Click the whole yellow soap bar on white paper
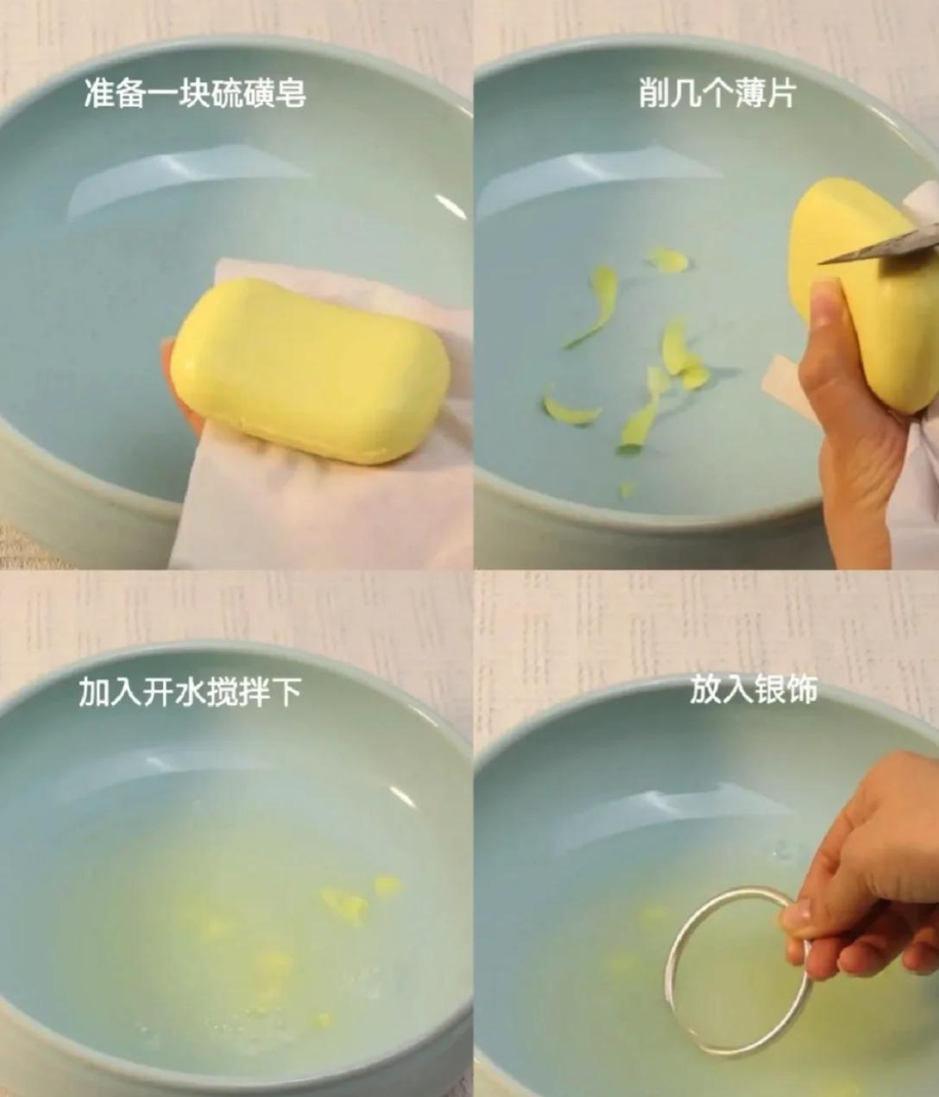click(x=311, y=370)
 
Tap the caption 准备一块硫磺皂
click(x=195, y=94)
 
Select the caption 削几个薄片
click(x=716, y=94)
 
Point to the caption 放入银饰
click(x=753, y=690)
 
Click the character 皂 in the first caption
click(x=290, y=94)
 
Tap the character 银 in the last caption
click(x=769, y=690)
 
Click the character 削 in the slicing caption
click(x=653, y=94)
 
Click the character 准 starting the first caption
click(x=100, y=94)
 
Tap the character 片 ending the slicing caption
click(x=778, y=94)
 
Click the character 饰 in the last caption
click(x=801, y=690)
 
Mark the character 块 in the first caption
click(x=195, y=94)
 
